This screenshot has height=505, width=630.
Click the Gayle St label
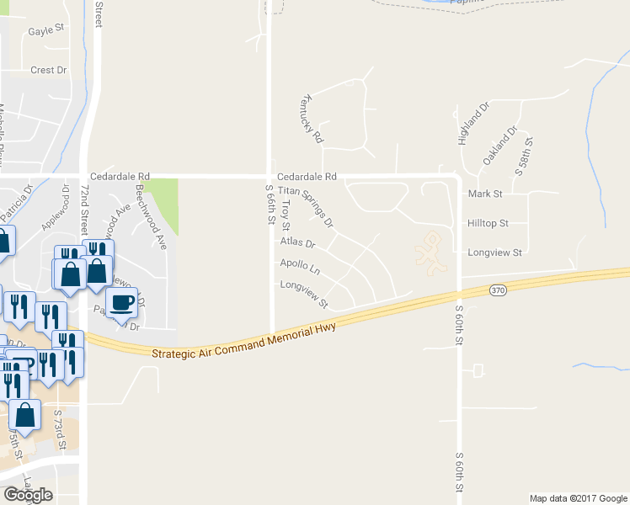[46, 29]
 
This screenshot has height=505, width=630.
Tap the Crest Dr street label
[48, 71]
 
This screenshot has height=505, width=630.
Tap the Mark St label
[484, 194]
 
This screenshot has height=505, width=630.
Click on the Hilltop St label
[488, 223]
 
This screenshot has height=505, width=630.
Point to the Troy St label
[286, 215]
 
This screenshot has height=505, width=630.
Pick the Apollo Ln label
[301, 268]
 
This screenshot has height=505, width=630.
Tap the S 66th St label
[270, 205]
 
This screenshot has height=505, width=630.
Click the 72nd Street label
[84, 210]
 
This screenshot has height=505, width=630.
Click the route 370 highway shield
[497, 290]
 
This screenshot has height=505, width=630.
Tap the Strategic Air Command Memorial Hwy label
[244, 339]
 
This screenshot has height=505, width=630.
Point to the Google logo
[27, 494]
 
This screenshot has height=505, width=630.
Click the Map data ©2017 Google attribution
[577, 498]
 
